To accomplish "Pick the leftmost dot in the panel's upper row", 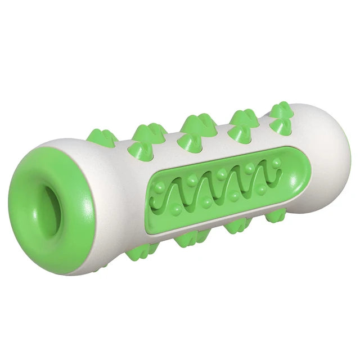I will click(x=162, y=186).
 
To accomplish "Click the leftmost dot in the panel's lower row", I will click(x=177, y=210).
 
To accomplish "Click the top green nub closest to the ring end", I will click(x=101, y=138).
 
